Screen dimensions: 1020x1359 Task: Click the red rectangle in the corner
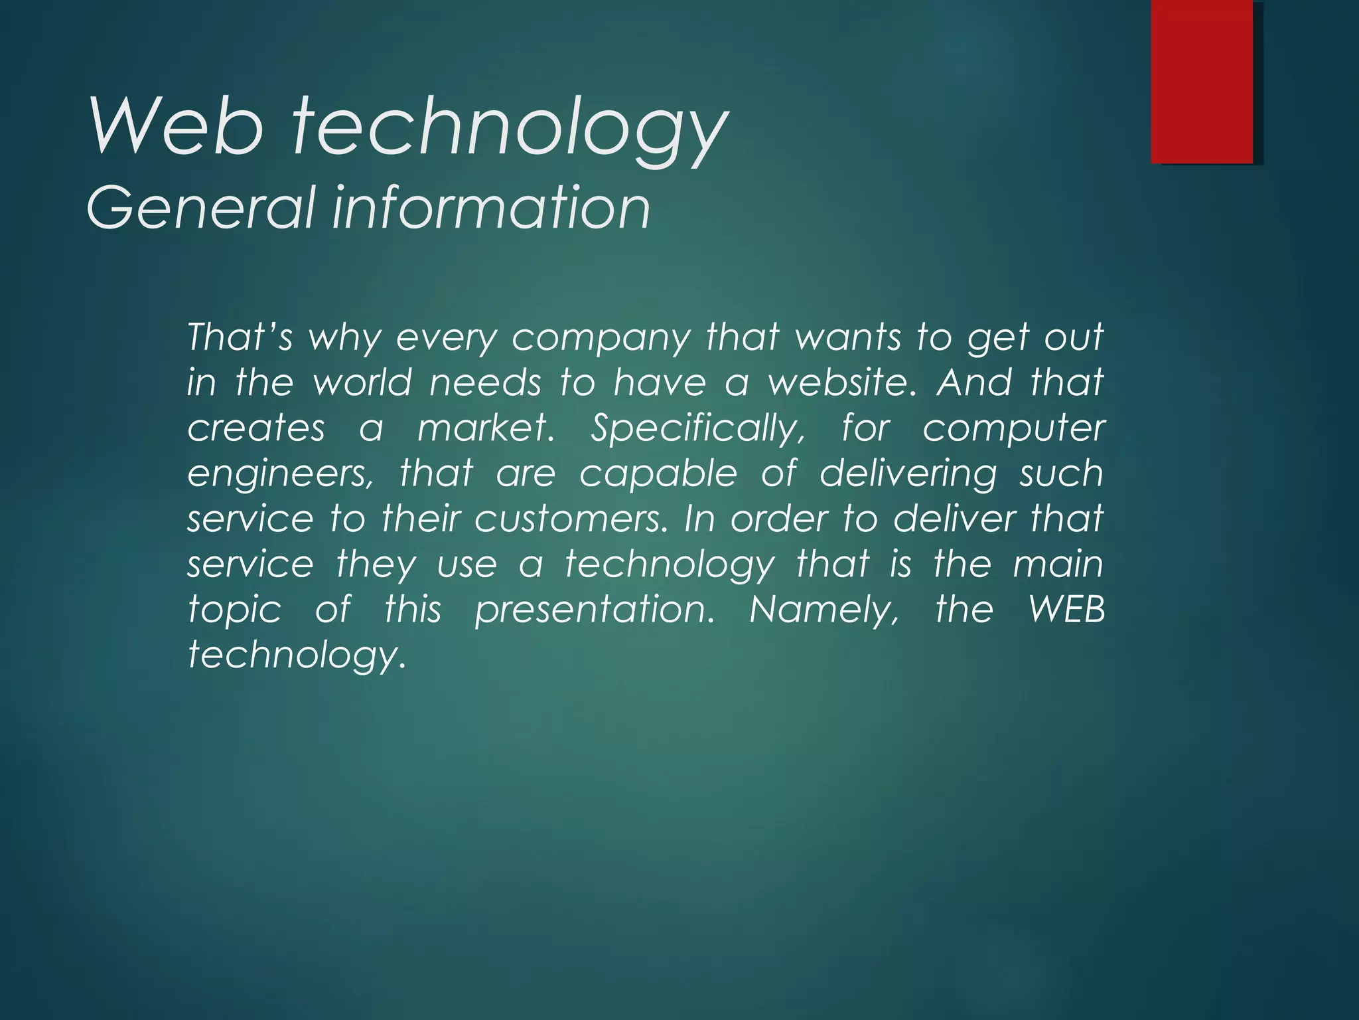(1202, 81)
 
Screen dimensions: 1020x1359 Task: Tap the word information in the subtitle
(491, 208)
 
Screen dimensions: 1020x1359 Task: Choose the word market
(486, 428)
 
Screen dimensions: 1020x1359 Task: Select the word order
(779, 519)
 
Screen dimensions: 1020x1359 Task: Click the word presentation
(595, 610)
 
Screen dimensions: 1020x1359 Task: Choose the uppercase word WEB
(1066, 609)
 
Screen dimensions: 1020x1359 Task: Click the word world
(362, 383)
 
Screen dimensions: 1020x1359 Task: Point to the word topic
(234, 610)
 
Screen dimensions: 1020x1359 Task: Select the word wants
(848, 338)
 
